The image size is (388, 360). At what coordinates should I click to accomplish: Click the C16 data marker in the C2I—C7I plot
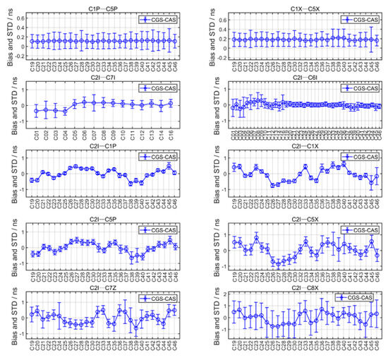tap(171, 104)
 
